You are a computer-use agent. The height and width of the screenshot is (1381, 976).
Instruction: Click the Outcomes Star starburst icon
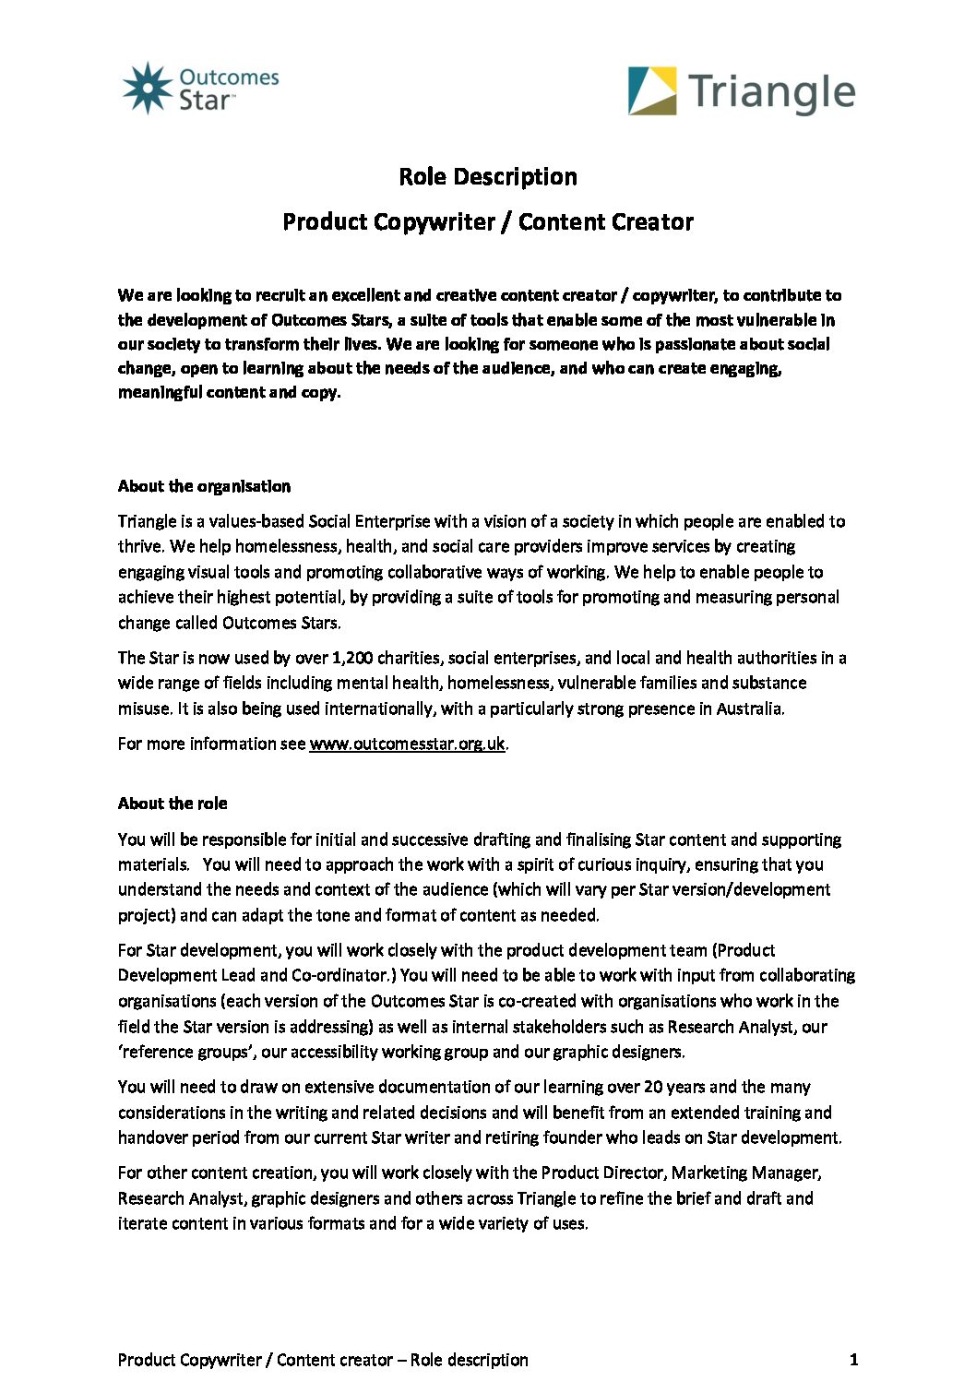point(148,88)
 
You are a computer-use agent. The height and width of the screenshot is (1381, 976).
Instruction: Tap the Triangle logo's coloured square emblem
point(652,91)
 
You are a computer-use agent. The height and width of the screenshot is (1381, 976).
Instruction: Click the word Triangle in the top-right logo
point(771,93)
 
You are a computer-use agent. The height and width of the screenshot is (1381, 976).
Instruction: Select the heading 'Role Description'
point(488,176)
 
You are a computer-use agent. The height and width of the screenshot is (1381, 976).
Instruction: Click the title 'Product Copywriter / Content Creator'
point(488,221)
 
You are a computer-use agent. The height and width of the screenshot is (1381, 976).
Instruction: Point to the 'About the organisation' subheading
point(204,486)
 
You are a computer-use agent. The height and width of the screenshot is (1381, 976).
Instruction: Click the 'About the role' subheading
point(173,804)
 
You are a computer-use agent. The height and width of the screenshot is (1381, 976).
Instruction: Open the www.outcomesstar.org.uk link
point(407,744)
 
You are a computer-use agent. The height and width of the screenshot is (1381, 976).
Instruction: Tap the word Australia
point(749,708)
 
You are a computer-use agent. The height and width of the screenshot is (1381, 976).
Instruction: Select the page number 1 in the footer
point(853,1359)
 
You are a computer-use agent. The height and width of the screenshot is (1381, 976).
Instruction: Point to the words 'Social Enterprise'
point(369,521)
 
